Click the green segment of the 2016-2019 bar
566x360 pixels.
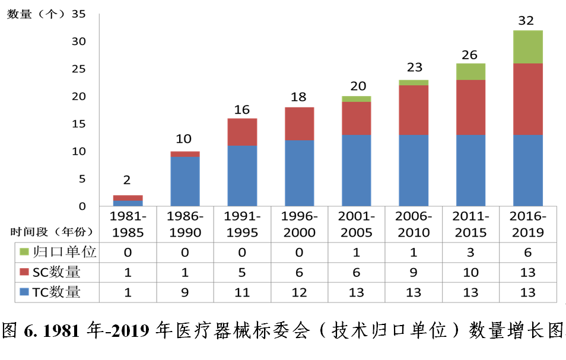tap(527, 47)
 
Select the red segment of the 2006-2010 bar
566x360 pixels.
tap(414, 110)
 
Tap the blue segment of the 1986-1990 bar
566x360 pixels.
tap(185, 181)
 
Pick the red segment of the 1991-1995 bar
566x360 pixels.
tap(243, 132)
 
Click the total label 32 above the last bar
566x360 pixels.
tap(526, 21)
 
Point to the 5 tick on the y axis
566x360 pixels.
tap(82, 179)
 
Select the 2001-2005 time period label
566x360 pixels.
tap(356, 224)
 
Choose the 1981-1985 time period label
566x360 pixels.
tap(128, 224)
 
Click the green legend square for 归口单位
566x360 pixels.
tap(24, 253)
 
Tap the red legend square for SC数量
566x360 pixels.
tap(24, 273)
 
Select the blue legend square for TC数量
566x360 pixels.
tap(24, 292)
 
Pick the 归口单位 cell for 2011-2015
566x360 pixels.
tap(470, 253)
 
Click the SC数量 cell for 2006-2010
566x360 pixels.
tap(413, 273)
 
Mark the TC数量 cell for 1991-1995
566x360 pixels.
tap(242, 292)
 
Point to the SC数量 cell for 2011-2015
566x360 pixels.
tap(470, 273)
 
